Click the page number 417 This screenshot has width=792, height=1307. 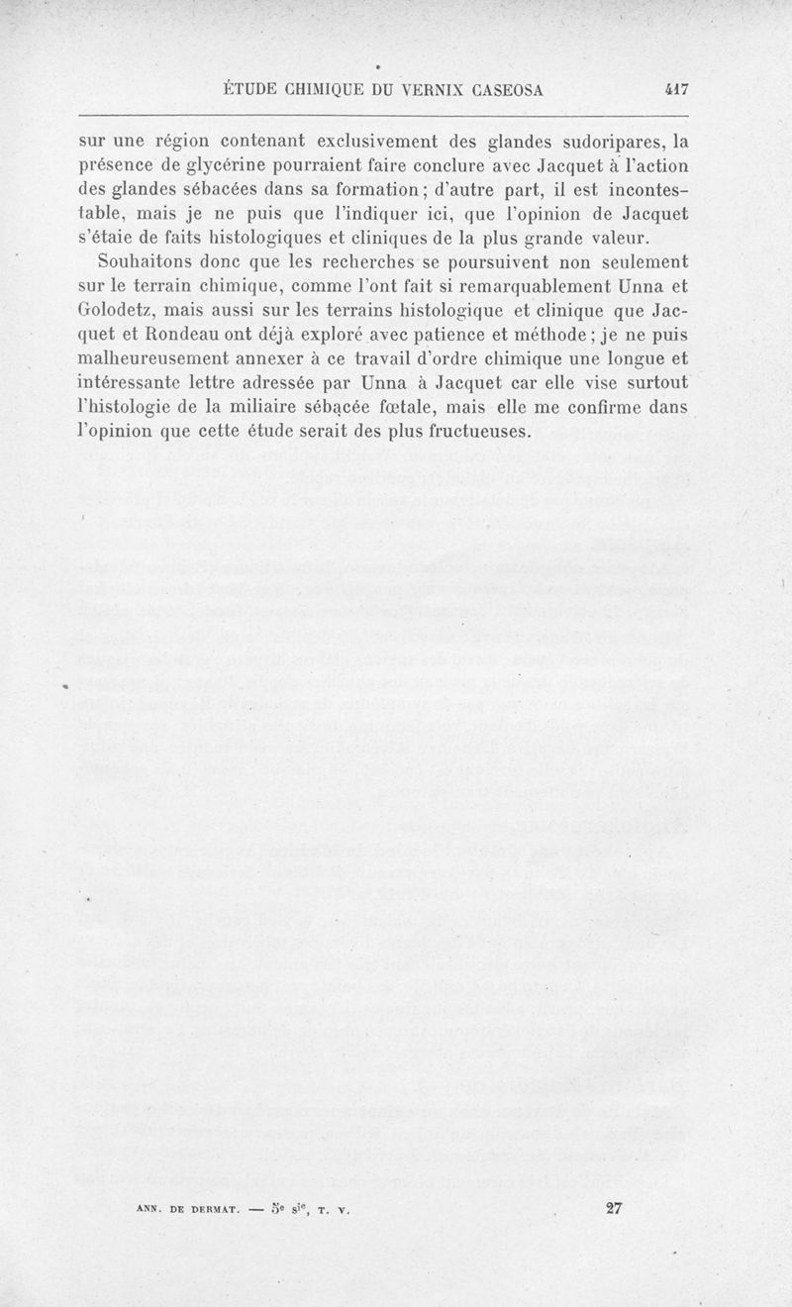click(677, 88)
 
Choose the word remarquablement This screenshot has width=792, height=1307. click(514, 288)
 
